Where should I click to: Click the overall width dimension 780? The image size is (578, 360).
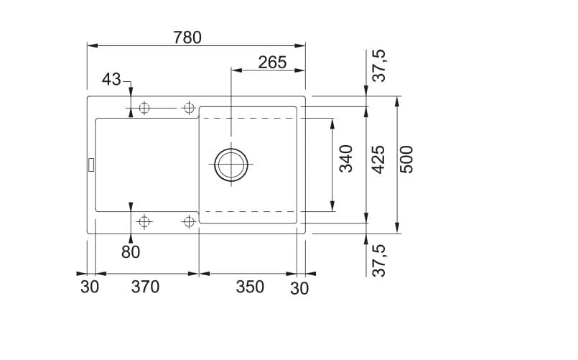pos(187,36)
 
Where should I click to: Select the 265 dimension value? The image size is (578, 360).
pos(272,63)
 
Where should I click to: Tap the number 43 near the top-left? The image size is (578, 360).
pos(111,80)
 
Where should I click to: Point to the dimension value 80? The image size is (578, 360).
pos(131,252)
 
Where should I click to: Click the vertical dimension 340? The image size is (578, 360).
pos(346,159)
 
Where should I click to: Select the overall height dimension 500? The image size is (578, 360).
pos(407,160)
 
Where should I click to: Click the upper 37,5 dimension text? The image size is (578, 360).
pos(379,65)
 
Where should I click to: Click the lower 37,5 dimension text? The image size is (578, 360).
pos(379,260)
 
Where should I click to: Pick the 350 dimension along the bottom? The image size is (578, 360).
pos(250,287)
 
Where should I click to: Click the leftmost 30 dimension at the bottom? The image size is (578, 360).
pos(89,287)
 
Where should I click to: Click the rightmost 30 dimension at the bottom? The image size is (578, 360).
pos(299,288)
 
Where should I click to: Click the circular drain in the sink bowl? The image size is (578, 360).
pos(231,165)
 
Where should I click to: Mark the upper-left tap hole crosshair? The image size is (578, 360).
pos(144,109)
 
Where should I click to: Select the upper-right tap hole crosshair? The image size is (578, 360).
pos(189,109)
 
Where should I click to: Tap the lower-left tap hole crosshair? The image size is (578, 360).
pos(144,221)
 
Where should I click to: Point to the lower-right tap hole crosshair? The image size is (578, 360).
pos(189,221)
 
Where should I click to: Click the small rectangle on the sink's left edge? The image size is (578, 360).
pos(90,165)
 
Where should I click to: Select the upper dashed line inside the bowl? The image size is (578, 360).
pos(248,117)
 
